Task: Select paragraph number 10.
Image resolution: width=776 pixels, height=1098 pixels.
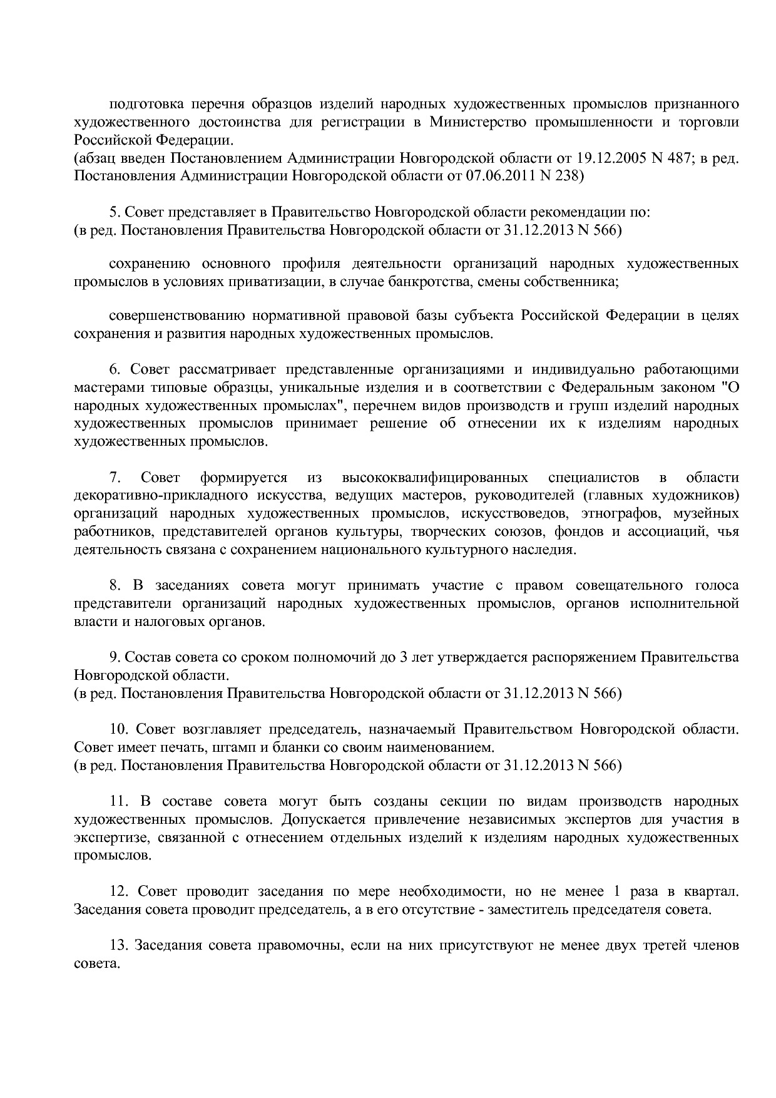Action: (119, 729)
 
